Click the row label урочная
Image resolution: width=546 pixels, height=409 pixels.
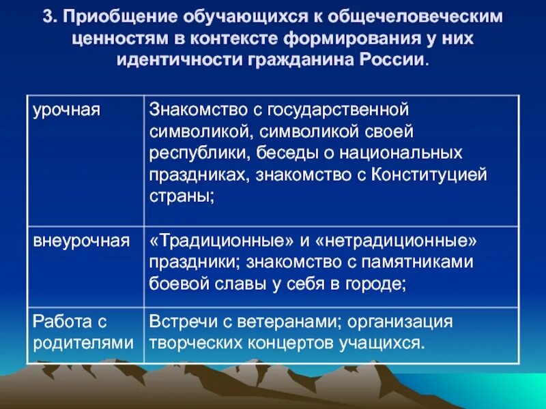(66, 110)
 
